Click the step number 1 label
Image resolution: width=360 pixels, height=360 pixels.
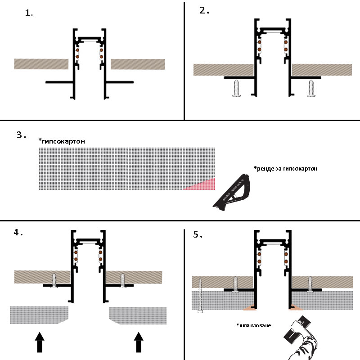[x=29, y=13]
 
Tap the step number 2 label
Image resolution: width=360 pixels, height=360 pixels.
[x=204, y=10]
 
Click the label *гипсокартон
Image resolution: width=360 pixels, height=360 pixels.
[x=62, y=141]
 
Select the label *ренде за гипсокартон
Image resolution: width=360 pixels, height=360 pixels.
[x=285, y=169]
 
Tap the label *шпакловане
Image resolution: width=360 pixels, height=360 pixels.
[x=254, y=325]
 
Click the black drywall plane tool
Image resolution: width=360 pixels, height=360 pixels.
[x=233, y=191]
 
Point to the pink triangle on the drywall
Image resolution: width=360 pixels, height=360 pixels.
[x=202, y=184]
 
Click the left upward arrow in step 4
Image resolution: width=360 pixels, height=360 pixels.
[x=40, y=342]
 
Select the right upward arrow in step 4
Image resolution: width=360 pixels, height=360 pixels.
[x=139, y=342]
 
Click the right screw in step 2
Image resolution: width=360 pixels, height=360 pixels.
[x=311, y=88]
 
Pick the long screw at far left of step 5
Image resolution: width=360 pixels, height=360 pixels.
[x=199, y=294]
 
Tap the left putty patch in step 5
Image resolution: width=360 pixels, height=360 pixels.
[x=249, y=308]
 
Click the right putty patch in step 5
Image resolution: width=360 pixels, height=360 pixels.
[x=295, y=308]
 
